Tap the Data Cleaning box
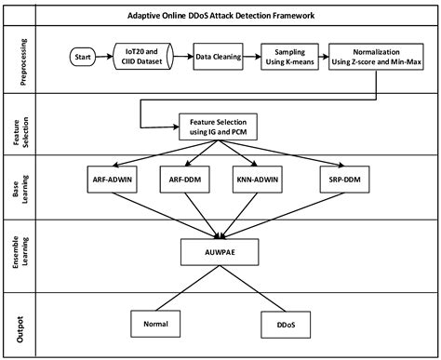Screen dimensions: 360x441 click(217, 58)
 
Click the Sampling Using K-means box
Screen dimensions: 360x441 click(291, 58)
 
